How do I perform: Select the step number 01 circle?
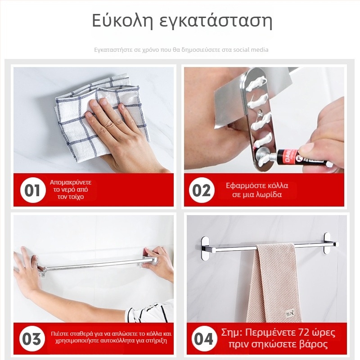[32, 190]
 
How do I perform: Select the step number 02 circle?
[202, 190]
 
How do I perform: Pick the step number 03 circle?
[32, 339]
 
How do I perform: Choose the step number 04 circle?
[202, 339]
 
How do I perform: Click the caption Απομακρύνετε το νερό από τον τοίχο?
[71, 190]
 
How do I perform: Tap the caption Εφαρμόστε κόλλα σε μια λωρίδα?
[257, 190]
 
